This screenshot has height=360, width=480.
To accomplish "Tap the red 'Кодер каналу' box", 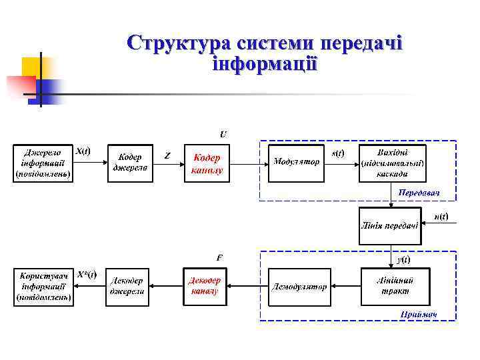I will [x=206, y=163].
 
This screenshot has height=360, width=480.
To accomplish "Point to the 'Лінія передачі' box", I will [x=390, y=225].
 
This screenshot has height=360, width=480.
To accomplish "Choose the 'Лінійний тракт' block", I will [x=395, y=287].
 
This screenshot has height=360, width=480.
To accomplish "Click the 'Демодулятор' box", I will [x=299, y=287].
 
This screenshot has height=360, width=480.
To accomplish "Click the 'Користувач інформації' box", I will [x=43, y=287].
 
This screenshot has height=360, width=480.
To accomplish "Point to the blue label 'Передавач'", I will [x=419, y=192].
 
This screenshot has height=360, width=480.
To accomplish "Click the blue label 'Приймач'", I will [x=419, y=314].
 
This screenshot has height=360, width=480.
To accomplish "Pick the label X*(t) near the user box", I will [x=87, y=274].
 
